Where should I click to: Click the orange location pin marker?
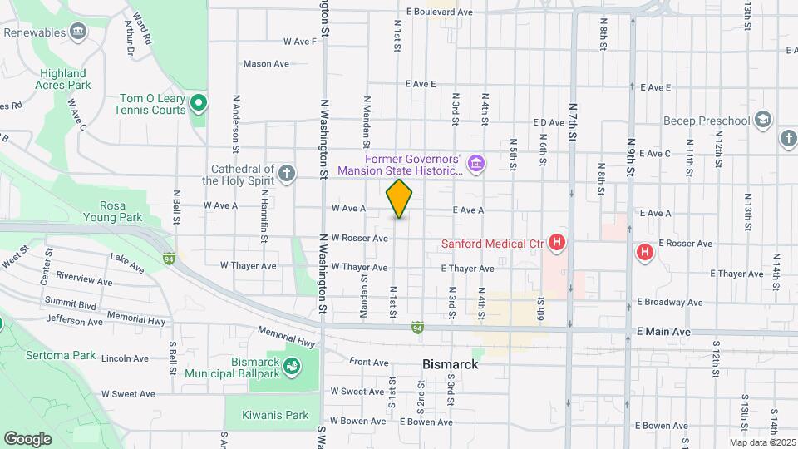(400, 199)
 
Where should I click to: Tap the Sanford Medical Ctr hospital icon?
(558, 244)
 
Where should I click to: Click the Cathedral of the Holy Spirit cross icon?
(287, 173)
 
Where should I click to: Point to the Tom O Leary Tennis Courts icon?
(198, 104)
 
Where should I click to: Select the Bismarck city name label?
(450, 364)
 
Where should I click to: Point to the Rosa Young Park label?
(122, 212)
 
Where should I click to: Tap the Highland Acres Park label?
(62, 79)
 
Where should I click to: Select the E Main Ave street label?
(663, 332)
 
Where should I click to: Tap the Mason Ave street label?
(266, 63)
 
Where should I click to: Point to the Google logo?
(27, 438)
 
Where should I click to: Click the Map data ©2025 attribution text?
(761, 442)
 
